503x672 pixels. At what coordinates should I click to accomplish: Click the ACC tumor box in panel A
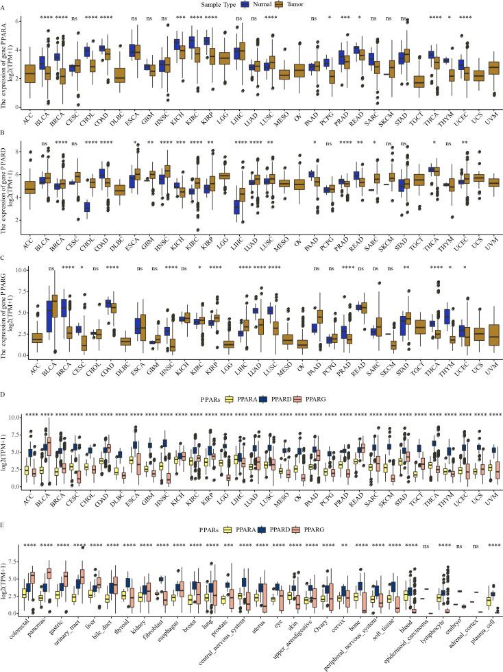click(29, 73)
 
